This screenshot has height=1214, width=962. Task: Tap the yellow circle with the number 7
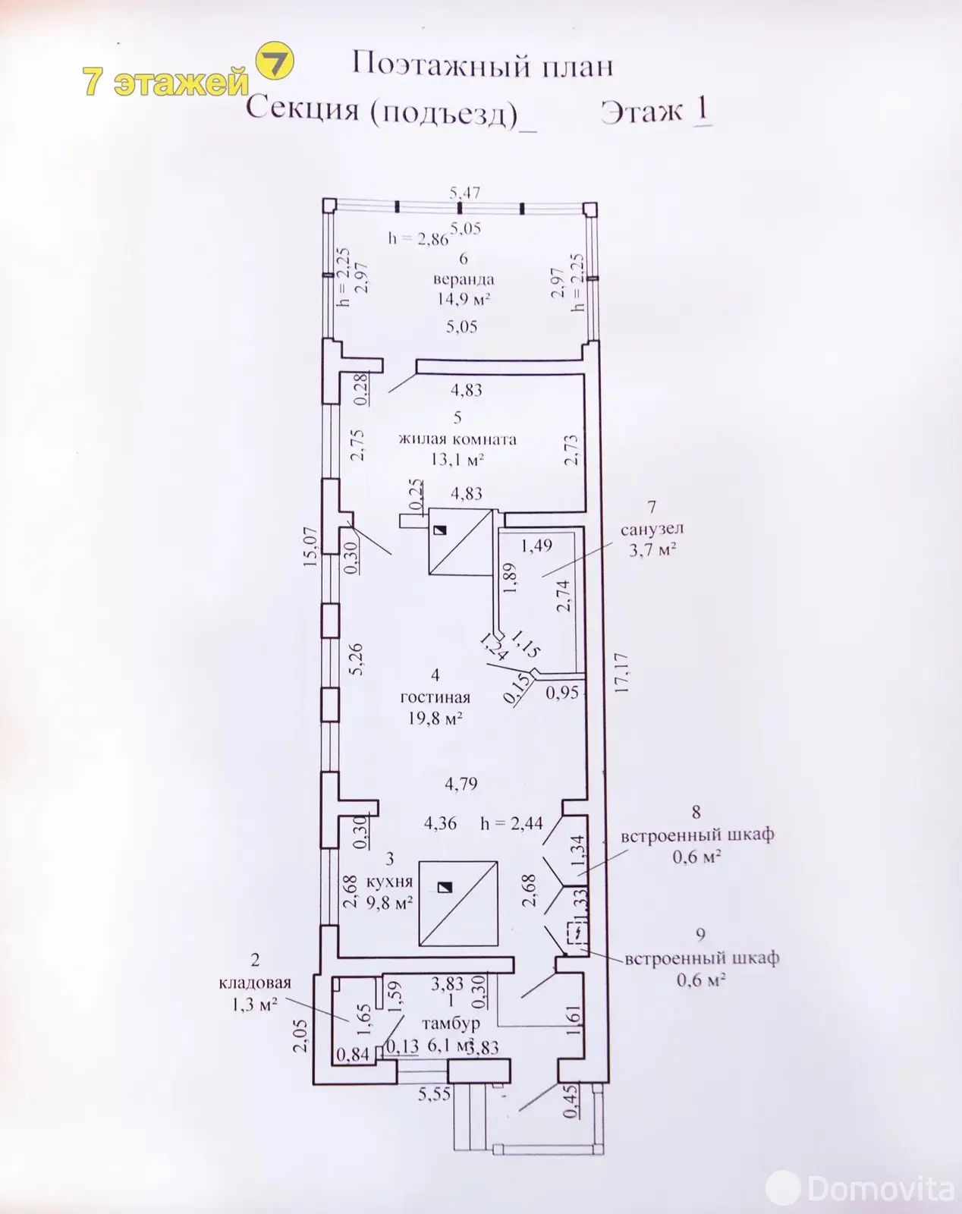275,62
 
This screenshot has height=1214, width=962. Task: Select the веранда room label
464,278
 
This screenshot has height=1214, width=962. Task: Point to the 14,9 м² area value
464,298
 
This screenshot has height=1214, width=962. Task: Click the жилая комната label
457,439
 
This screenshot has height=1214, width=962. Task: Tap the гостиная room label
435,697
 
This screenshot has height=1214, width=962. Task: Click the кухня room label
389,881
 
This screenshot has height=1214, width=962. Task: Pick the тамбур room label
451,1023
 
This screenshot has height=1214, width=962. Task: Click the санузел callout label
652,529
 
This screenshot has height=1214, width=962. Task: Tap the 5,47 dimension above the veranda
465,193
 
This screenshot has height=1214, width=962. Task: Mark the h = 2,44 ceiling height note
511,823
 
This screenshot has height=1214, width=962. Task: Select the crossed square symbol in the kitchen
458,903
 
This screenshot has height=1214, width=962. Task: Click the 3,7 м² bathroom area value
652,549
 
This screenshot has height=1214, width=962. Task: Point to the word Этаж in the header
642,112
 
